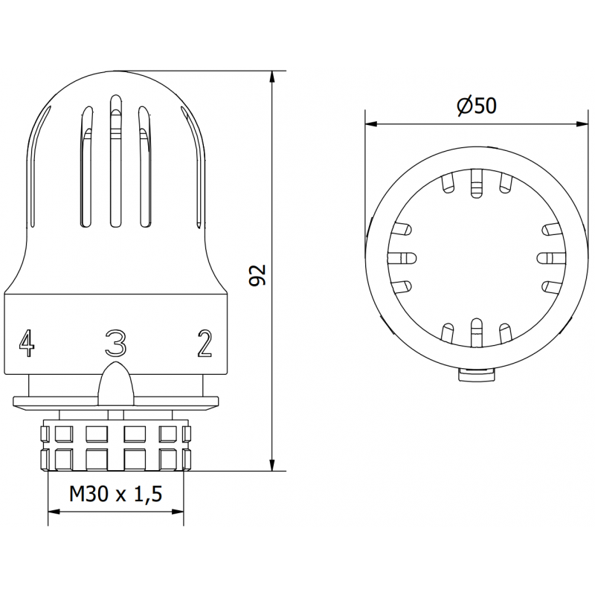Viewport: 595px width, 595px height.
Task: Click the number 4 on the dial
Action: [27, 343]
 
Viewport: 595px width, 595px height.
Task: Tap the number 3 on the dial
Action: [115, 343]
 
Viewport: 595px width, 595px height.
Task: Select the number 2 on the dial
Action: [205, 343]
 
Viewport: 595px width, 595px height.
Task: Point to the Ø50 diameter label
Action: [476, 106]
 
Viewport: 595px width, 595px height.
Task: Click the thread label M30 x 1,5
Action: [115, 494]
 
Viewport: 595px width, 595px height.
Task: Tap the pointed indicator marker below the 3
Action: [115, 381]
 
